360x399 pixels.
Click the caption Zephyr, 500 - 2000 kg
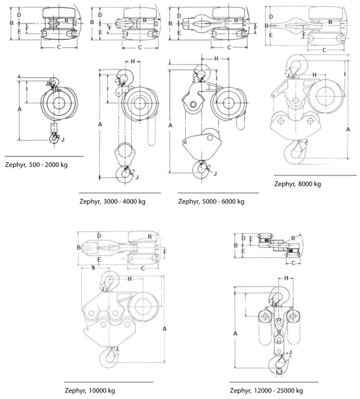click(36, 165)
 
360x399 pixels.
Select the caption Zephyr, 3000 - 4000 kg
click(112, 201)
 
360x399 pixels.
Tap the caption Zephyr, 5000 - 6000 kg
click(211, 201)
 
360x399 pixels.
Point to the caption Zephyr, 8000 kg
click(298, 184)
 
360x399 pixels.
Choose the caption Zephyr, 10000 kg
click(90, 391)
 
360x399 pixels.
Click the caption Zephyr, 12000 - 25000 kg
click(266, 391)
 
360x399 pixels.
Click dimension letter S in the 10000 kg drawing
click(93, 268)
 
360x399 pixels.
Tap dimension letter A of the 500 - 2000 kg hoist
click(19, 109)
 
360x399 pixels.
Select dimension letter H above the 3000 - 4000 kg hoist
click(133, 61)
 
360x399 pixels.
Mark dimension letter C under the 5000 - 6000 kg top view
click(229, 47)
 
